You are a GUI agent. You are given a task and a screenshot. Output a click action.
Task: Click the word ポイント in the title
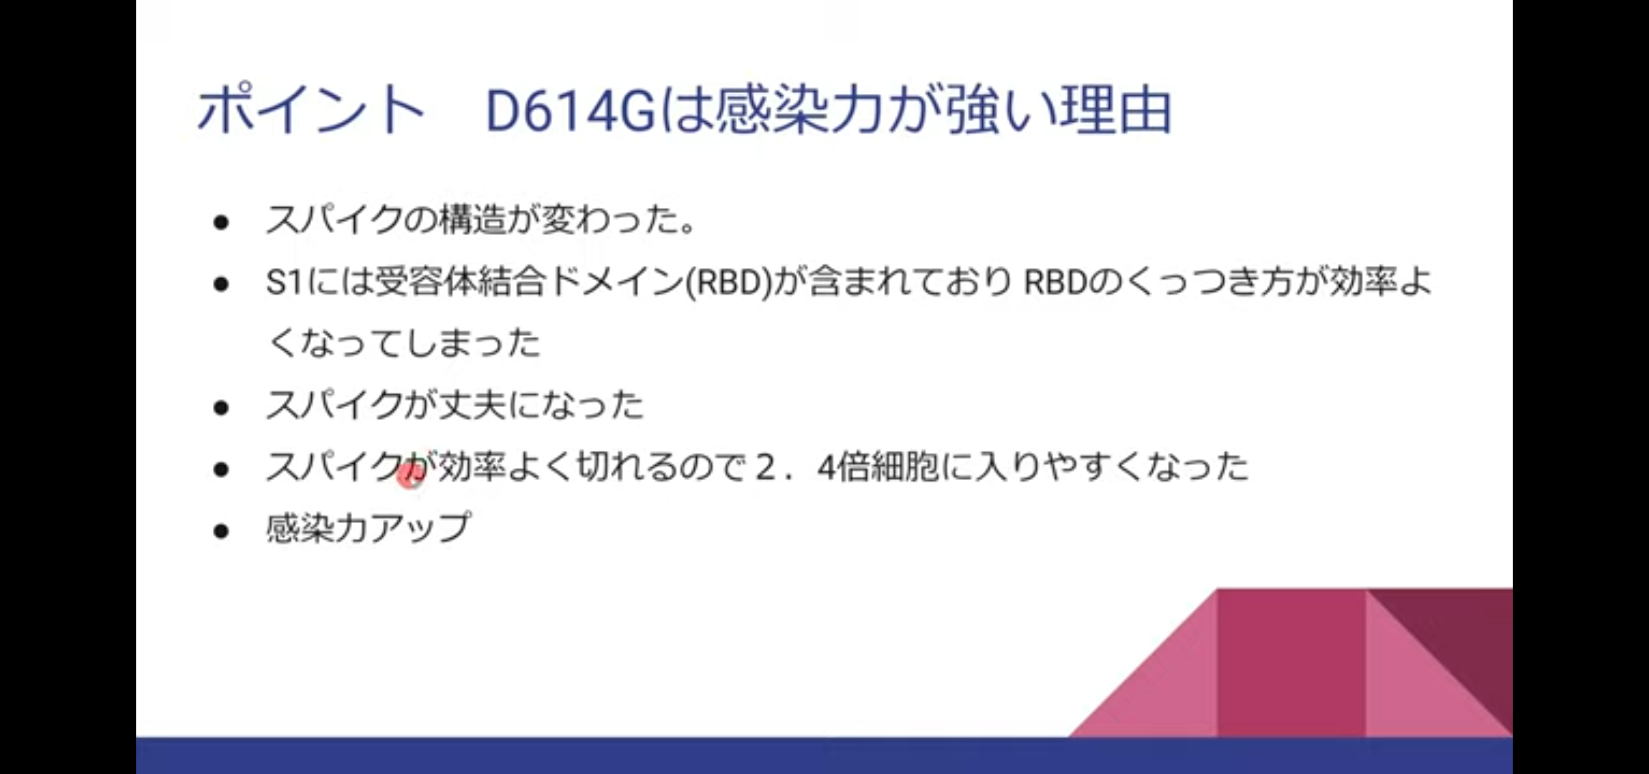point(310,111)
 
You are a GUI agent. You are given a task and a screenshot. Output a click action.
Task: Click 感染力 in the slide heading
point(799,111)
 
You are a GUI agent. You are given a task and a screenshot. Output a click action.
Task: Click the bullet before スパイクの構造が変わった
point(221,223)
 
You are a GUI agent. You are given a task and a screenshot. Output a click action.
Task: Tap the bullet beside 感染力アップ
point(221,531)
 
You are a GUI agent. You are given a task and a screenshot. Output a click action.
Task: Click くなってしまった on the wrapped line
point(404,343)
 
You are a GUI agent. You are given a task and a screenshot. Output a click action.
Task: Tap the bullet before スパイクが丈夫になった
point(221,408)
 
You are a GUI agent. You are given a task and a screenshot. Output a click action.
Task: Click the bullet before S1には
point(221,285)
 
